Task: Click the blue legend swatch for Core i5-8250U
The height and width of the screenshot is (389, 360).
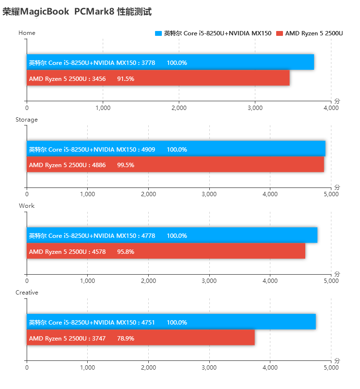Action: (x=158, y=33)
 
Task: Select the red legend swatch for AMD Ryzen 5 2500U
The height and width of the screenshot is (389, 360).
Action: (x=279, y=33)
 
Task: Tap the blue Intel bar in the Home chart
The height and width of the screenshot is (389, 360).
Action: (x=170, y=62)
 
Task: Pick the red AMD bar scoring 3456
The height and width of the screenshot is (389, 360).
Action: (x=158, y=78)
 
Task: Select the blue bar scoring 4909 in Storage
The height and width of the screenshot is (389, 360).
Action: (x=176, y=149)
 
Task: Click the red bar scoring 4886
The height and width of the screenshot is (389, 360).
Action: (x=175, y=165)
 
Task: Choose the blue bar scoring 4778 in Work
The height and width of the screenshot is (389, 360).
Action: (x=172, y=235)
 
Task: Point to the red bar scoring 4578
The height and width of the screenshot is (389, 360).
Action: (x=166, y=251)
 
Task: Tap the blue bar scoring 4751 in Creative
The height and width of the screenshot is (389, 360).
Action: (x=171, y=322)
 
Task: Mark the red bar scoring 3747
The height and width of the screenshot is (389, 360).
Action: (x=141, y=338)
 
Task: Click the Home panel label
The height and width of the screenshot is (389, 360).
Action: (x=27, y=33)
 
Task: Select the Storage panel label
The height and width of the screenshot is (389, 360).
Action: (x=27, y=120)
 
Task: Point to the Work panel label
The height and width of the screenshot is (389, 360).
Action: (x=27, y=206)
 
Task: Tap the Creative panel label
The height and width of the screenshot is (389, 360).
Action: (x=27, y=293)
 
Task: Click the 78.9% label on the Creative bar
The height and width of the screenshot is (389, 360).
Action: (x=125, y=338)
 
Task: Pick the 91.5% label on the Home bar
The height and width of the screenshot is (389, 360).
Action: (x=125, y=78)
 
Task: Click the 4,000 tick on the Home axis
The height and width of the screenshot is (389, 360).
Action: (x=331, y=108)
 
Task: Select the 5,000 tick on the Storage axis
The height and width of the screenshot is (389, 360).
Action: (x=331, y=194)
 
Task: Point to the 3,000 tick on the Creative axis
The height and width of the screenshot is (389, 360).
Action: (x=209, y=367)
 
